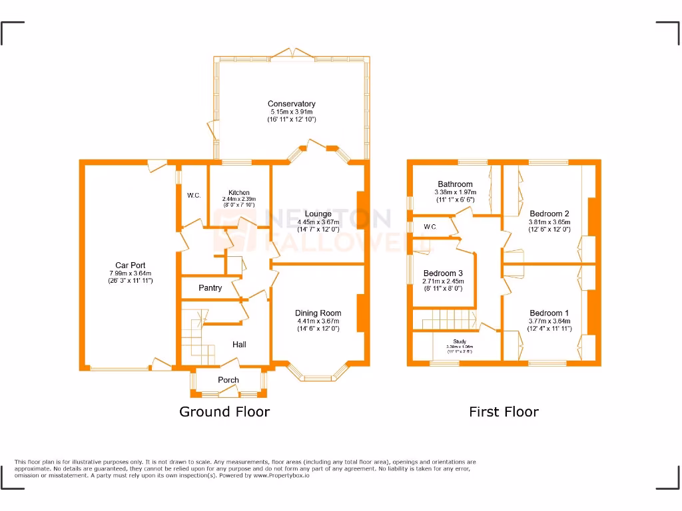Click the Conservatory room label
tap(291, 104)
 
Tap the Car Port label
tap(130, 265)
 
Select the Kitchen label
tap(238, 193)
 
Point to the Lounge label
tap(318, 214)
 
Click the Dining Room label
tap(318, 313)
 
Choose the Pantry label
tap(210, 288)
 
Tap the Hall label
tap(239, 344)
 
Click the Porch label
tap(228, 380)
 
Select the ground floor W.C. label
tap(194, 196)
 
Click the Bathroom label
tap(455, 184)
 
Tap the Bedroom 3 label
tap(443, 273)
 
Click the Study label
tap(460, 341)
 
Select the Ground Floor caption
tap(224, 412)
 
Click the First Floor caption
tap(504, 412)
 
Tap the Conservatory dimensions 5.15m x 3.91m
tap(291, 112)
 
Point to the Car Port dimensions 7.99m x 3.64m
tap(130, 273)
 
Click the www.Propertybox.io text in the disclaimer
tap(281, 476)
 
